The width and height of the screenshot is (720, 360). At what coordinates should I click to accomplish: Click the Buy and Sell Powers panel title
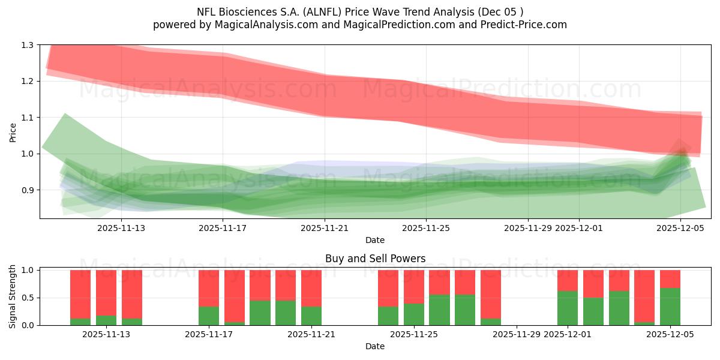point(375,259)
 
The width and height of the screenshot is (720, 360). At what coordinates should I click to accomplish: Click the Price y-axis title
point(13,132)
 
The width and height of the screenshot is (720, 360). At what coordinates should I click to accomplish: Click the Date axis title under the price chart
point(375,240)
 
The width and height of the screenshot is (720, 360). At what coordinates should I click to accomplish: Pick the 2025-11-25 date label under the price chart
point(426,228)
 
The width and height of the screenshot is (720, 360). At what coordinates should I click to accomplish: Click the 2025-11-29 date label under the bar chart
point(517,335)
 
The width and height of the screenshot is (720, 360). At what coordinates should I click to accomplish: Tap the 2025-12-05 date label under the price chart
point(680,228)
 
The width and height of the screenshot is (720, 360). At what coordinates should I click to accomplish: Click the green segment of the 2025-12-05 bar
point(670,307)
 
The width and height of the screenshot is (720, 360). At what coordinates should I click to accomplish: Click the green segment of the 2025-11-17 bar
point(209,316)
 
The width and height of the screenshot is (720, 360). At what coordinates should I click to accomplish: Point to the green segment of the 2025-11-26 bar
point(439,310)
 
